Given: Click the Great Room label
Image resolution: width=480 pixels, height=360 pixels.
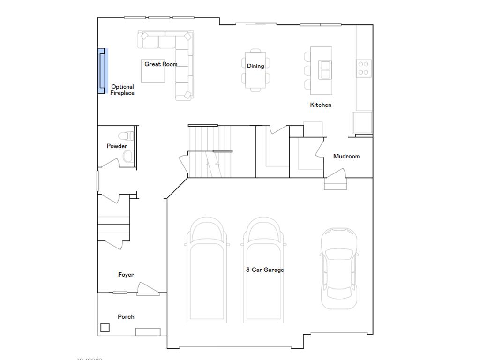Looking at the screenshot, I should [x=161, y=64].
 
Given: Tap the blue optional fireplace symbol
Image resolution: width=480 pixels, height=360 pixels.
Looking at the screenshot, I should [x=102, y=71].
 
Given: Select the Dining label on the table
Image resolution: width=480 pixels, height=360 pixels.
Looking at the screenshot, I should [x=255, y=66].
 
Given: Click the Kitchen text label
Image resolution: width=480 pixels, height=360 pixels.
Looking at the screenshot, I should [x=321, y=105].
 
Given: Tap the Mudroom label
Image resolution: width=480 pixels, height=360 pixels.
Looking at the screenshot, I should [x=346, y=156].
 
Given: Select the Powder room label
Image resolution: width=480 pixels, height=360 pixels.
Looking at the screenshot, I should [x=117, y=146].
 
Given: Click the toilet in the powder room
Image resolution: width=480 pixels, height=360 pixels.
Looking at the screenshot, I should [x=124, y=136].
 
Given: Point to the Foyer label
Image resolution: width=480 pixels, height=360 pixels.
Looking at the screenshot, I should [x=126, y=275].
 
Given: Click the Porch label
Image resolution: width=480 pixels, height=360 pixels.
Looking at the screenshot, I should [x=126, y=317].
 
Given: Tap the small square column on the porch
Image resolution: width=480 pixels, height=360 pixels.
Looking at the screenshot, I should [x=105, y=328].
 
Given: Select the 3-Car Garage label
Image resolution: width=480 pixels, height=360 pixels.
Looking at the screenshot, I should [x=265, y=270].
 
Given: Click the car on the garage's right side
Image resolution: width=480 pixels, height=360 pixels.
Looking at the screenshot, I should [x=339, y=268].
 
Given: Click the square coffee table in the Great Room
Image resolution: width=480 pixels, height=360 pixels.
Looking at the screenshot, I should [x=153, y=71].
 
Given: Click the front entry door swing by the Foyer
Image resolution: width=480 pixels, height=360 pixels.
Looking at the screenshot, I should [x=145, y=289].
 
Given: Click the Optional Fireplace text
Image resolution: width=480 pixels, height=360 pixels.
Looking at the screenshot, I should [x=122, y=90].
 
